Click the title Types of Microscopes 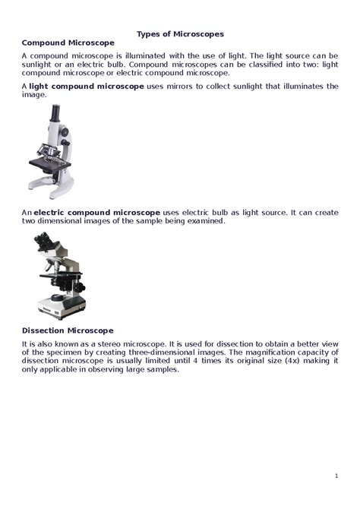(180, 34)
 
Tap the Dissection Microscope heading (68, 330)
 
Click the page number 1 (336, 476)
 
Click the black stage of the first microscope (50, 163)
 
